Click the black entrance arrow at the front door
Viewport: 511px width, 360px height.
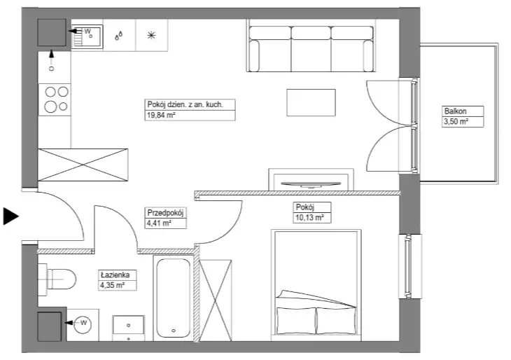coord(10,216)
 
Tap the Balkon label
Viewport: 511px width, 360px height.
coord(455,111)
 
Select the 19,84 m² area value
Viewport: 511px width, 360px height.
coord(161,115)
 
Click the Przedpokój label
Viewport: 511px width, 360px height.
coord(165,213)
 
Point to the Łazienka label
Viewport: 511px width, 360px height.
coord(115,275)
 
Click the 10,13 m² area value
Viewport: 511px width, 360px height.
coord(309,218)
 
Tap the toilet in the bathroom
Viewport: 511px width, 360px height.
coord(57,279)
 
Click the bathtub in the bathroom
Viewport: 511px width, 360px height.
coord(174,298)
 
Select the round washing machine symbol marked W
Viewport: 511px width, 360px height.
coord(83,324)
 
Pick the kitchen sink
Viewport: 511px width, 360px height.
coord(87,36)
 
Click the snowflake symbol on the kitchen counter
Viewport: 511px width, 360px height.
coord(151,35)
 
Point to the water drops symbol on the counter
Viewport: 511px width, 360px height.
coord(119,35)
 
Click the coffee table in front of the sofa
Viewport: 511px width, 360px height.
coord(311,102)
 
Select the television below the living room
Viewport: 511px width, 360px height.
coord(311,185)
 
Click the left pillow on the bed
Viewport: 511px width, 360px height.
coord(296,321)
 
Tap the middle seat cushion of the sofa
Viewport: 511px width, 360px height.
coord(311,49)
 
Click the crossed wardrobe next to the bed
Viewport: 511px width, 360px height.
coord(215,300)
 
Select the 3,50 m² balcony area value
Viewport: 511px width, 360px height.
coord(456,122)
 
